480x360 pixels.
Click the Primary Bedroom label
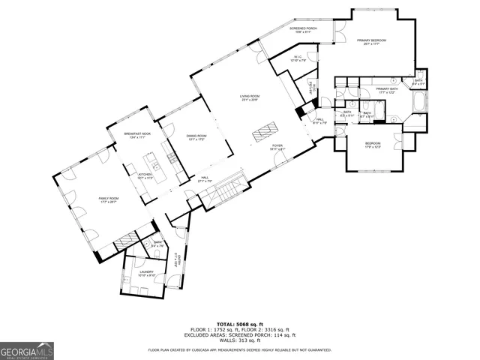tap(371, 41)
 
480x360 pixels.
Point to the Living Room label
tap(250, 97)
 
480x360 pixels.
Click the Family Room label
tap(109, 199)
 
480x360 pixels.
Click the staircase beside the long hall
tap(225, 189)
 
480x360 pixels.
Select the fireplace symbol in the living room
tap(266, 133)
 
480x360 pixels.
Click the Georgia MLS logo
tap(27, 349)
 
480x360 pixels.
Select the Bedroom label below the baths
tap(373, 145)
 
